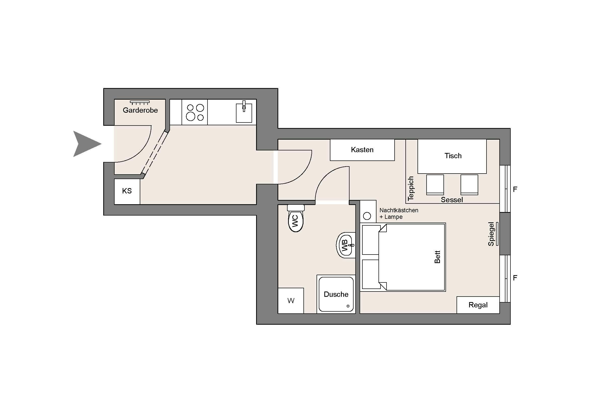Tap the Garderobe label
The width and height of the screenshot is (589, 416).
[140, 110]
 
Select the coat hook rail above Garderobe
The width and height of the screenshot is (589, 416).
[140, 103]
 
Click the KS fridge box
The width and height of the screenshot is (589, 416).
[127, 191]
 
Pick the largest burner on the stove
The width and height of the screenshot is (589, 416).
[191, 116]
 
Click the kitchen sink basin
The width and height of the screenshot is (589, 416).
[244, 113]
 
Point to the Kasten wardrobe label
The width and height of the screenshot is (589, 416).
[362, 150]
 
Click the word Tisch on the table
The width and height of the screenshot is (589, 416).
[453, 156]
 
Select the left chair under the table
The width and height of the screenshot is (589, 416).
[435, 185]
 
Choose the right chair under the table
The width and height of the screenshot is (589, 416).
[469, 185]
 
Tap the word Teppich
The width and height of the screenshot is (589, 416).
[411, 188]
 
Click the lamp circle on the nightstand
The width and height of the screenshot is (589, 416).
[367, 216]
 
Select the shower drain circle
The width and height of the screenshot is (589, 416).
[348, 306]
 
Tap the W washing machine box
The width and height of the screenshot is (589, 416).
[291, 301]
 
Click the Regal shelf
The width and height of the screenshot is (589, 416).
[478, 305]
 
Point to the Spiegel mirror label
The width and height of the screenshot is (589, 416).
[491, 234]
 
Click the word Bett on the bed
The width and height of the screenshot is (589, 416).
[437, 257]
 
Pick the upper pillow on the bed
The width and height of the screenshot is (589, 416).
[371, 240]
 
